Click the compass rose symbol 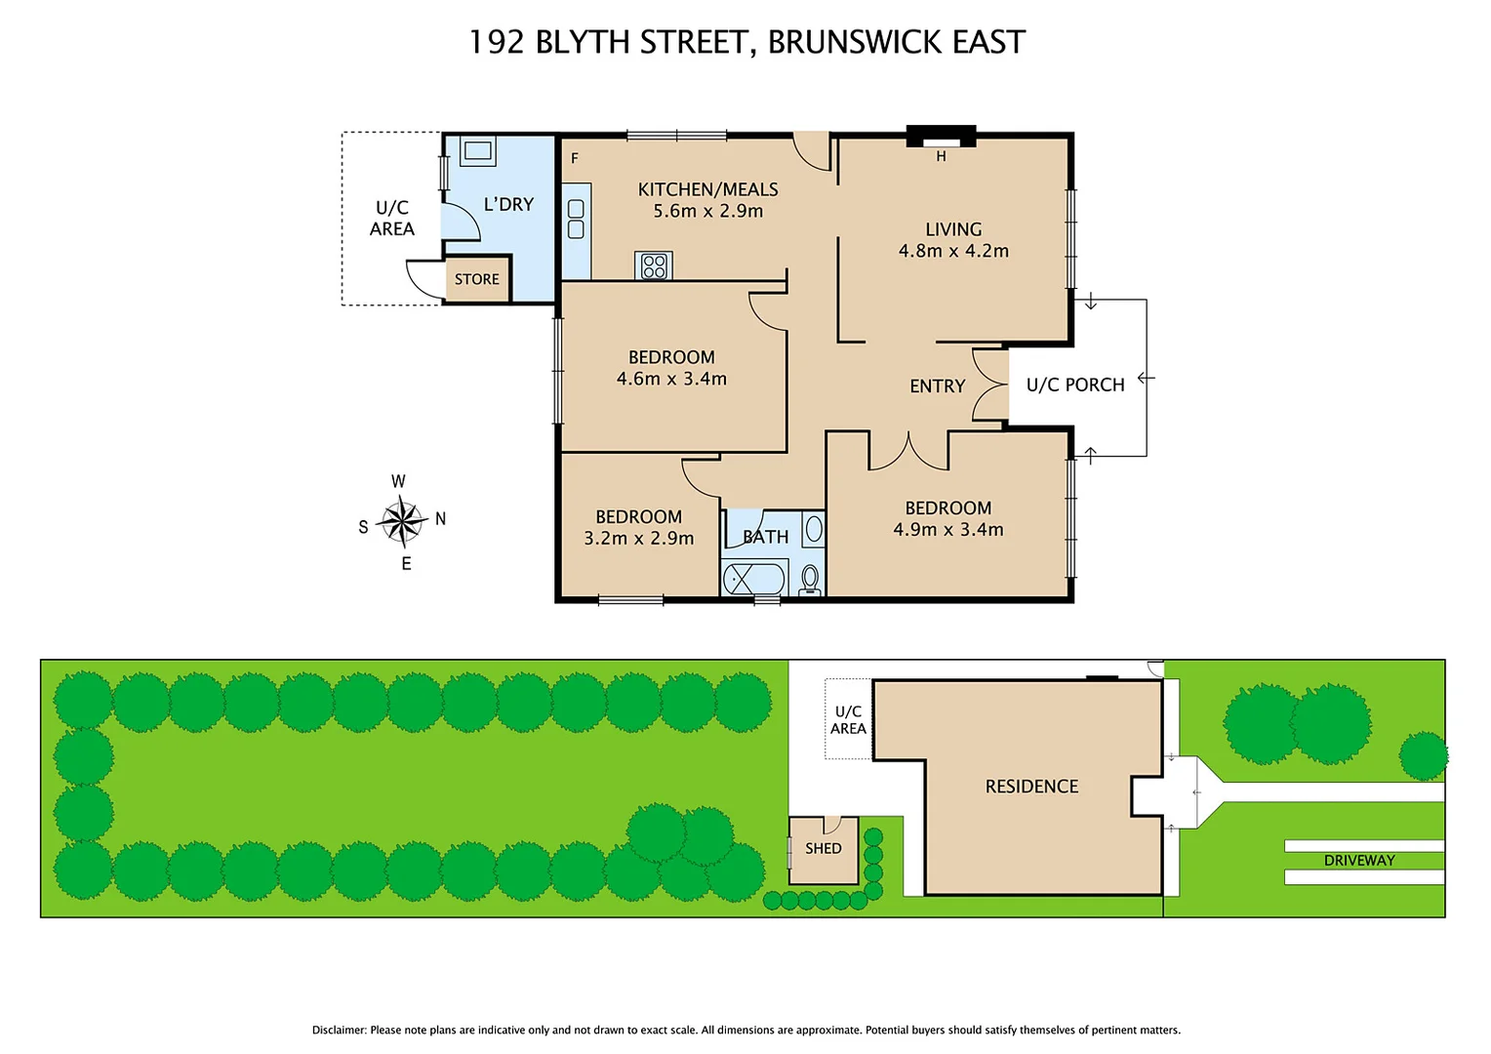coord(401,521)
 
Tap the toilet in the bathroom coord(809,579)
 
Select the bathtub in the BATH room coord(754,579)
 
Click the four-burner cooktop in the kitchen coord(654,265)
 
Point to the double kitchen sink coord(576,220)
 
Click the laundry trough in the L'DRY coord(478,150)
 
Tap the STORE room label coord(476,279)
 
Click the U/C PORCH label coord(1074,385)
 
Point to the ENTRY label coord(937,386)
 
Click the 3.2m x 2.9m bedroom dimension coord(638,538)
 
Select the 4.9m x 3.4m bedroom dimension coord(947,529)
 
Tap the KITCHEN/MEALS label coord(707,189)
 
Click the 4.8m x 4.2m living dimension coord(953,251)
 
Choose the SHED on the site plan coord(824,849)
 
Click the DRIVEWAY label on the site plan coord(1358,860)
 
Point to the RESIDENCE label coord(1031,786)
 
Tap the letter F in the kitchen coord(575,158)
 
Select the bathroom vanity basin coord(813,530)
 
